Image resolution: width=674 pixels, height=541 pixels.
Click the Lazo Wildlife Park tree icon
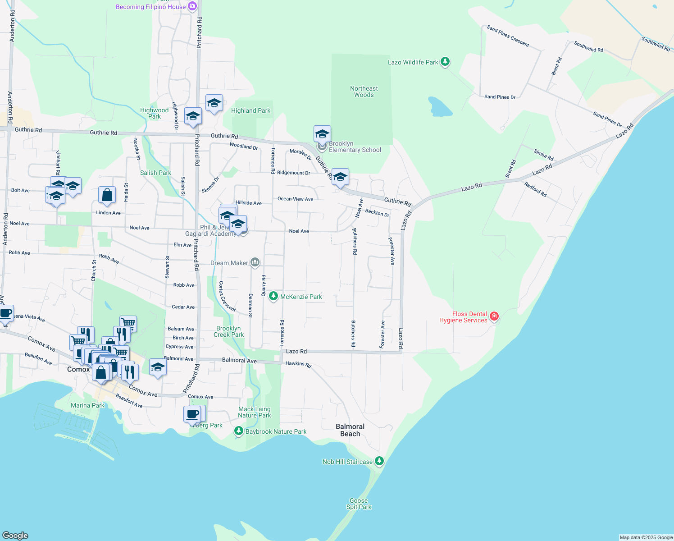[445, 62]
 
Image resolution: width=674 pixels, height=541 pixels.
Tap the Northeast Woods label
[364, 92]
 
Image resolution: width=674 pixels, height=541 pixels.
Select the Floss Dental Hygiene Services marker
[494, 316]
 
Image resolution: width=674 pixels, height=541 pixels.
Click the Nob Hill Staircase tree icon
[379, 461]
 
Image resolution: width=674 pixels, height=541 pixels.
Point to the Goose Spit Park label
[359, 504]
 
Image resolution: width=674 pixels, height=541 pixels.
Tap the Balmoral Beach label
[350, 430]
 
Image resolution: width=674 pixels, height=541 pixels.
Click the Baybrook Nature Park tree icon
[238, 431]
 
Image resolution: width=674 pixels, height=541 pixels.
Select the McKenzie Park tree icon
[273, 296]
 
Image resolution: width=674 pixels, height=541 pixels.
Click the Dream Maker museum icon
[255, 262]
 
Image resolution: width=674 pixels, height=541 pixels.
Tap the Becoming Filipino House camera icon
[192, 6]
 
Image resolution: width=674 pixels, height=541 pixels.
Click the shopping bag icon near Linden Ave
[107, 196]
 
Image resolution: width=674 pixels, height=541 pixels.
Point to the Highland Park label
[250, 110]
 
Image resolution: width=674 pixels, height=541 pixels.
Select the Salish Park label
[155, 173]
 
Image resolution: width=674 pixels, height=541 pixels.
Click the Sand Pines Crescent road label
[508, 36]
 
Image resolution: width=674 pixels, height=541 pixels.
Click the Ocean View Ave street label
[295, 199]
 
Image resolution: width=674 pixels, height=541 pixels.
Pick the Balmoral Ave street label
[239, 360]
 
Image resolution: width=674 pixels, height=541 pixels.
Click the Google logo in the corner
[15, 535]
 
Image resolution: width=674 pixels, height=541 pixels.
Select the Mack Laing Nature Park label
[255, 412]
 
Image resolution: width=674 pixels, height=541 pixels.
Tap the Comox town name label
[78, 369]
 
